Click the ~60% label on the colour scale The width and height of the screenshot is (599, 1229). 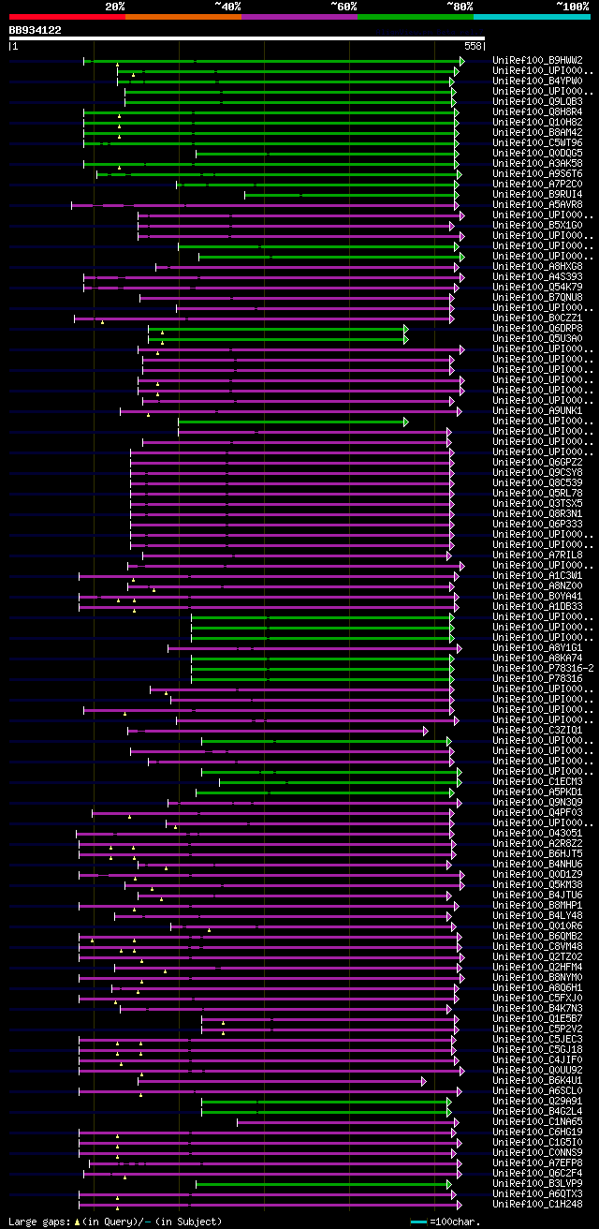[343, 6]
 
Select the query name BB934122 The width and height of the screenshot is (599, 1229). [36, 30]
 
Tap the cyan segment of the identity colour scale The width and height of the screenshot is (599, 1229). [531, 17]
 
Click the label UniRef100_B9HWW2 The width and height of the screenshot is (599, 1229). [537, 61]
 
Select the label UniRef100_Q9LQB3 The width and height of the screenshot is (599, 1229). [537, 102]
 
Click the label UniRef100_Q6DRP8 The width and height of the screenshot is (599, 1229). [537, 329]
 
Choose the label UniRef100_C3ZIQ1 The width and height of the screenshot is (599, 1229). [537, 731]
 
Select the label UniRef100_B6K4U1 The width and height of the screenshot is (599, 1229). [537, 1081]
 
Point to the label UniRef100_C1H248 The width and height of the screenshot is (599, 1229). [537, 1205]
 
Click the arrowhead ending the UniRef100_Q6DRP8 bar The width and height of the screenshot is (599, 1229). [406, 329]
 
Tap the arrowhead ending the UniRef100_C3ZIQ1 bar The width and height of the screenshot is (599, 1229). [425, 731]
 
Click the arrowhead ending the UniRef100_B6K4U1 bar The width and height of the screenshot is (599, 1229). [424, 1081]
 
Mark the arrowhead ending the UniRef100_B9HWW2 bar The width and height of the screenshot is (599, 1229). [461, 61]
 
